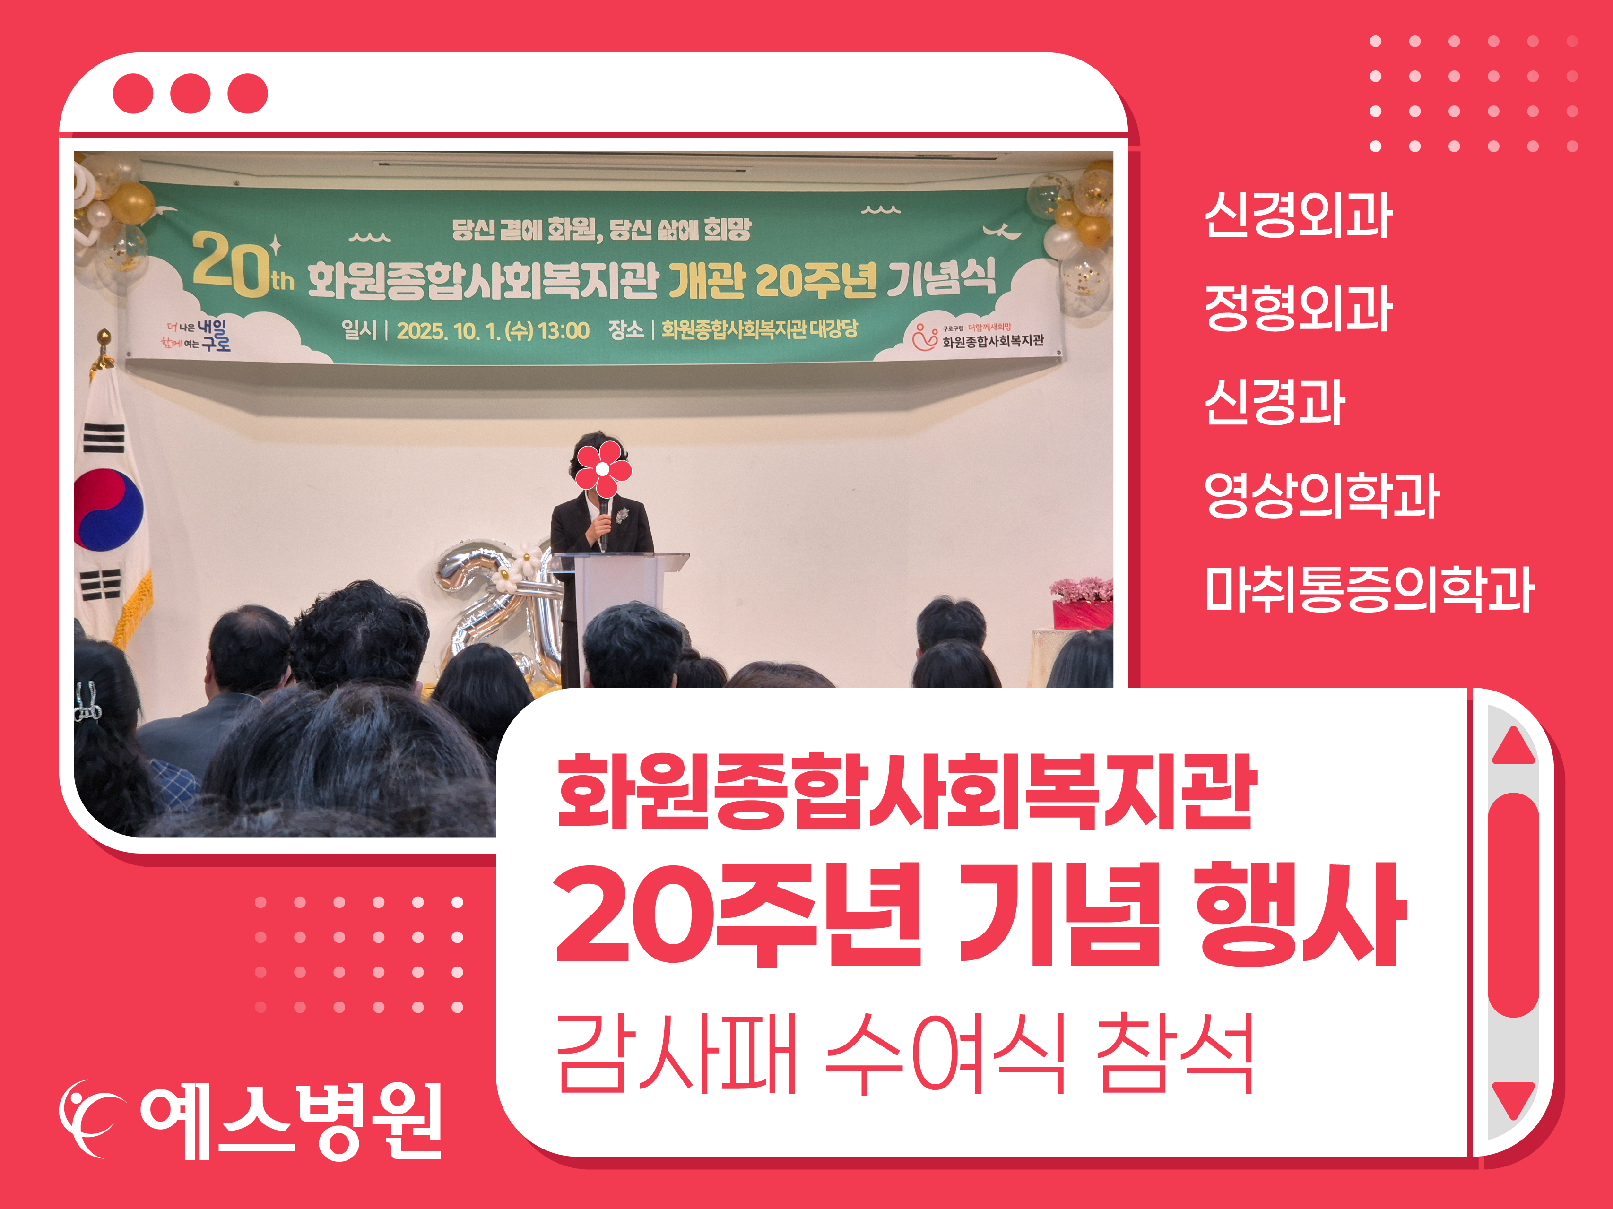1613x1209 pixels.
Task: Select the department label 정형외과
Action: click(x=1298, y=309)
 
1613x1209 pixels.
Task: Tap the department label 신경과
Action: click(x=1275, y=402)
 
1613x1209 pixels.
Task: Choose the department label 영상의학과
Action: click(x=1321, y=495)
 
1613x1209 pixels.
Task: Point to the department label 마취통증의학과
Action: click(x=1370, y=588)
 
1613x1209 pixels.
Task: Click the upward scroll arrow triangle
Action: click(x=1514, y=746)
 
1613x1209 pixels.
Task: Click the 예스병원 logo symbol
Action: click(x=87, y=1119)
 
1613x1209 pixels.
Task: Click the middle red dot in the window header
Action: click(x=191, y=93)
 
